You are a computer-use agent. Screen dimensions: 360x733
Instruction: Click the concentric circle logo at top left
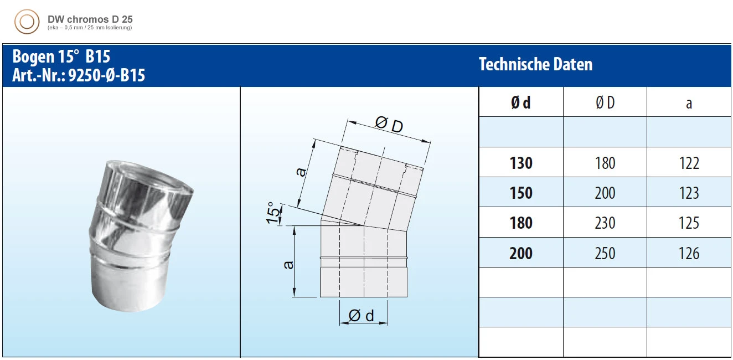click(27, 22)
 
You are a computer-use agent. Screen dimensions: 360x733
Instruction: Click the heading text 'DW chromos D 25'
click(90, 19)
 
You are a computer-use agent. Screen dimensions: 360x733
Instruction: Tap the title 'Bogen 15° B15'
click(61, 57)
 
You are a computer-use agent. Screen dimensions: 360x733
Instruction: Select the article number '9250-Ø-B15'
click(106, 75)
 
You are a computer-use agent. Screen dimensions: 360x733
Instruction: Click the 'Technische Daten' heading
click(535, 64)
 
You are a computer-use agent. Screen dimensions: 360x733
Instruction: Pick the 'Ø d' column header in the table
click(520, 102)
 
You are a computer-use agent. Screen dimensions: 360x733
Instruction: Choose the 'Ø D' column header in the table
click(605, 102)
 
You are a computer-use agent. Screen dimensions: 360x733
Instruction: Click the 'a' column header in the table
click(689, 103)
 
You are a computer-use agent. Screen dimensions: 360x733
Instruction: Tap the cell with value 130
click(520, 163)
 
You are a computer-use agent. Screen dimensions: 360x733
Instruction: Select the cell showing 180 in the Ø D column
click(605, 163)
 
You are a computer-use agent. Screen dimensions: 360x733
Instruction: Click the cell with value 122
click(689, 163)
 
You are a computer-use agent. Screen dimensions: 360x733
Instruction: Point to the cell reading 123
click(689, 193)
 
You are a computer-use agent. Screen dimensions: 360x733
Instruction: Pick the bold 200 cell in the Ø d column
click(520, 253)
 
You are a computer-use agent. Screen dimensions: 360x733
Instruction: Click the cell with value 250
click(605, 253)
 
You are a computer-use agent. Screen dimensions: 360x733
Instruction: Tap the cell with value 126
click(689, 253)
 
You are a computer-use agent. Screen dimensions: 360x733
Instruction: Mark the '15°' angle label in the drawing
click(273, 213)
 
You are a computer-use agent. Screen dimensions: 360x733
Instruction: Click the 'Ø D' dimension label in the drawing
click(389, 125)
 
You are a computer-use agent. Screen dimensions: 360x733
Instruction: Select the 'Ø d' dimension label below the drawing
click(362, 316)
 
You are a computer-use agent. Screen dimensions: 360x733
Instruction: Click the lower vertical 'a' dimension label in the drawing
click(288, 265)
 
